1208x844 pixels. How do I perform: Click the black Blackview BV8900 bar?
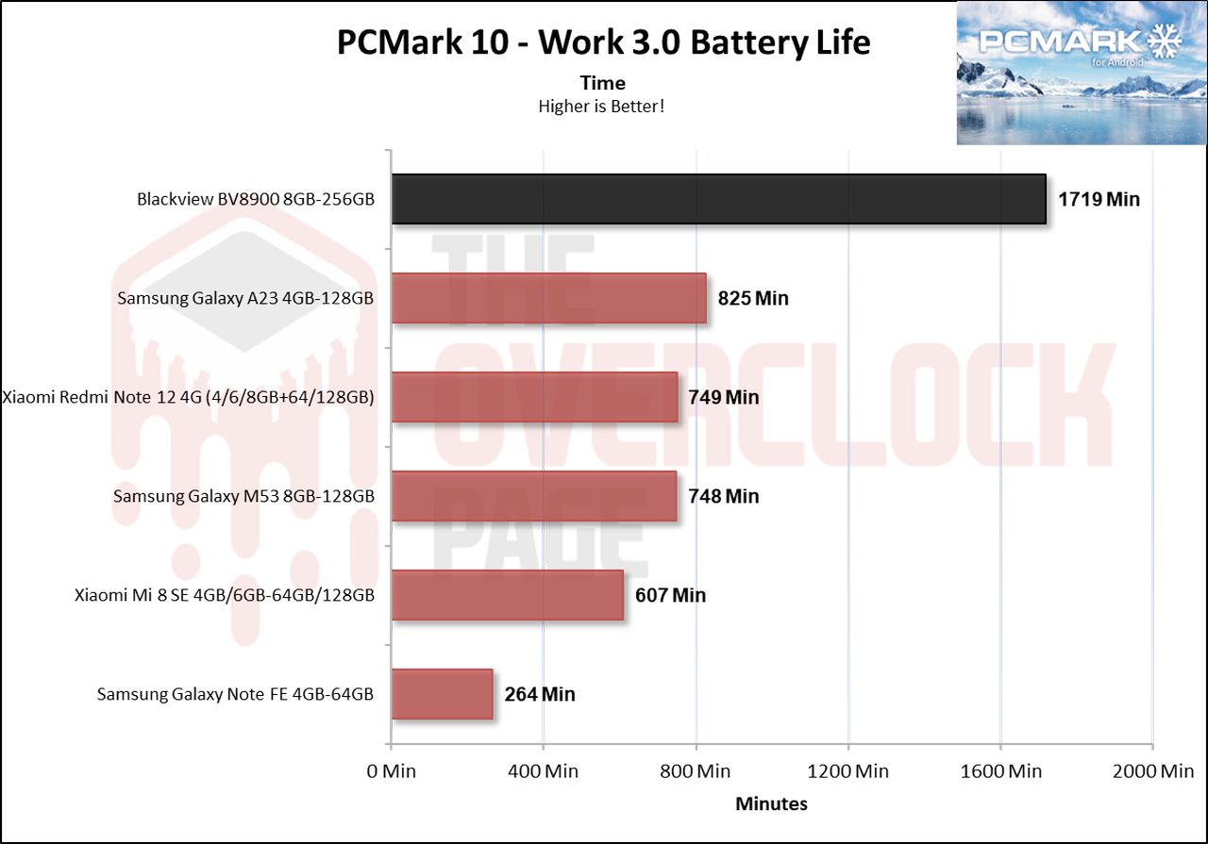point(718,199)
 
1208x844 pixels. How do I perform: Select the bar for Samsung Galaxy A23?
point(548,298)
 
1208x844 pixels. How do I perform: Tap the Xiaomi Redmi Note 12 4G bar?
point(534,397)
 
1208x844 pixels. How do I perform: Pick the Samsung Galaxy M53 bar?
point(533,496)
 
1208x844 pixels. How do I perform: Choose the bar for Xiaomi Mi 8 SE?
point(507,595)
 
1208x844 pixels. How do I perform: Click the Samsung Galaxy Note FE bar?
point(442,694)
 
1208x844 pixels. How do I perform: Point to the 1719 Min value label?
point(1099,200)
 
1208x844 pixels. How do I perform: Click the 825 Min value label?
point(752,299)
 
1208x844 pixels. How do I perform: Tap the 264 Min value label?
point(539,695)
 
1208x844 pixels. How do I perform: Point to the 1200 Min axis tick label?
point(848,771)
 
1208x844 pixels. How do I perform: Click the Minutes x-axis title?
point(771,804)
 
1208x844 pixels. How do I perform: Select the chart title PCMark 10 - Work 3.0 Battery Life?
point(603,42)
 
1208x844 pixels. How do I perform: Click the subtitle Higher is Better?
point(602,107)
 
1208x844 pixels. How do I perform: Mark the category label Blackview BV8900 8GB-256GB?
point(255,200)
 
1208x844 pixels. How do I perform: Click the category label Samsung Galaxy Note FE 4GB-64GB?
point(236,695)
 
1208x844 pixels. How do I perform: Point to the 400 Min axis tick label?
point(543,771)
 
